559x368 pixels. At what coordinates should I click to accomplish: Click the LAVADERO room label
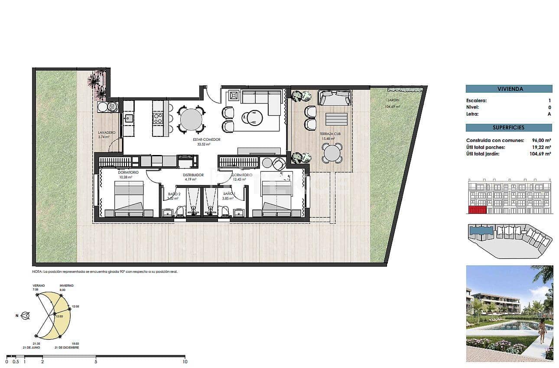tap(106, 132)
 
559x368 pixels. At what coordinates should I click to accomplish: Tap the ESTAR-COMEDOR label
tap(207, 139)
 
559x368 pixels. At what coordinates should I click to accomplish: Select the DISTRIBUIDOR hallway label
tap(193, 175)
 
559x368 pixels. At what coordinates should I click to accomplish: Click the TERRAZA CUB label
tap(330, 134)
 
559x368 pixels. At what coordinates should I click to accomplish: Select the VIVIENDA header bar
tap(509, 89)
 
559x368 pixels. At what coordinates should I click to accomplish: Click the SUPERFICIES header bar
tap(509, 128)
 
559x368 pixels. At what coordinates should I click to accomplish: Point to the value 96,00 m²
tap(541, 141)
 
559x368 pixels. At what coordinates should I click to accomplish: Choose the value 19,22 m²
tap(541, 147)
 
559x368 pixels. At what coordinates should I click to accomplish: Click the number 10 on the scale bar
tap(185, 362)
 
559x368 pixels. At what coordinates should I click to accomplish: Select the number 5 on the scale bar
tap(96, 362)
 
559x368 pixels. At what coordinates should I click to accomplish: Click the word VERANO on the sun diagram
tap(39, 286)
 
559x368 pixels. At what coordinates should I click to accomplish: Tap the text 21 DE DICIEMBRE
tap(67, 348)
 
